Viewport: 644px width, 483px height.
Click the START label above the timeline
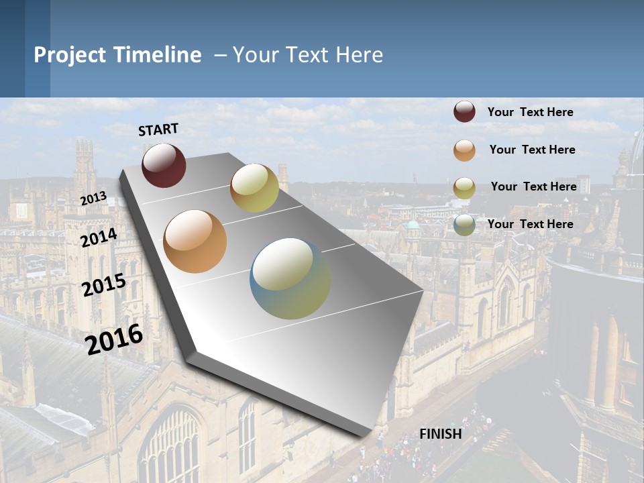pyautogui.click(x=158, y=129)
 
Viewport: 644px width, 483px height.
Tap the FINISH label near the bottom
pyautogui.click(x=441, y=434)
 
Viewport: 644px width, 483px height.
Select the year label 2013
pyautogui.click(x=93, y=199)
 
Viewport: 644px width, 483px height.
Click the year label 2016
pyautogui.click(x=115, y=339)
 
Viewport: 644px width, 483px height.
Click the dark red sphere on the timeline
pyautogui.click(x=164, y=165)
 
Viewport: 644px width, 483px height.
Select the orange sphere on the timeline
pyautogui.click(x=195, y=241)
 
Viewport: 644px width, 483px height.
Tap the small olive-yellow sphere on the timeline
pyautogui.click(x=254, y=188)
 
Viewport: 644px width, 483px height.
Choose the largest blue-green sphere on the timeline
pyautogui.click(x=290, y=278)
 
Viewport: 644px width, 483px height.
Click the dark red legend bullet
pyautogui.click(x=464, y=112)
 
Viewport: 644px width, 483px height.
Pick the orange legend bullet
pyautogui.click(x=464, y=150)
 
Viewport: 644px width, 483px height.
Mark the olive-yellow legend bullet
pyautogui.click(x=464, y=188)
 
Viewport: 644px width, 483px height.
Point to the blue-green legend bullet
pyautogui.click(x=464, y=225)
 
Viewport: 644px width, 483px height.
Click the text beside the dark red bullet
pyautogui.click(x=530, y=112)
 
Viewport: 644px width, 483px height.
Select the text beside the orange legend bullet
pyautogui.click(x=532, y=150)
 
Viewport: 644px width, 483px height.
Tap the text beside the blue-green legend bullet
pyautogui.click(x=530, y=224)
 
